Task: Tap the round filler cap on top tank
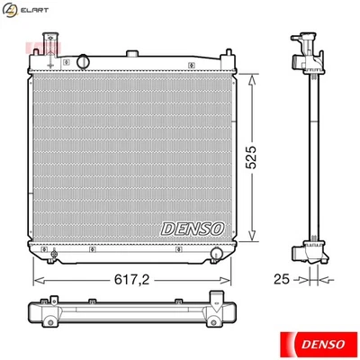83,61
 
